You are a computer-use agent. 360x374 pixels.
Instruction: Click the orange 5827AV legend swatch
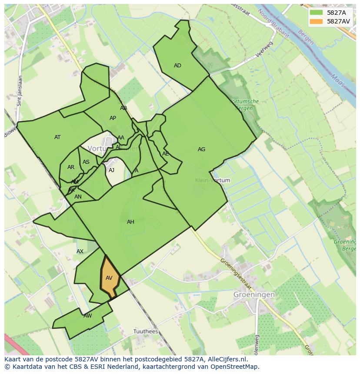click(317, 21)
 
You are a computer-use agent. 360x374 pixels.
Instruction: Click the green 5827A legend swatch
click(317, 13)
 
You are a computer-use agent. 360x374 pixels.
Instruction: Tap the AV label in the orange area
click(109, 278)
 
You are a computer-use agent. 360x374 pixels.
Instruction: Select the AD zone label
click(177, 66)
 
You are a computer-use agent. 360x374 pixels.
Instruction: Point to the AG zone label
click(201, 149)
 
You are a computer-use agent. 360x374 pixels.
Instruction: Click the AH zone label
click(130, 222)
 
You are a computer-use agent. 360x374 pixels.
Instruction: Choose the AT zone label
click(57, 137)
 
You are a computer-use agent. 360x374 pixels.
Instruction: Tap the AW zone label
click(88, 316)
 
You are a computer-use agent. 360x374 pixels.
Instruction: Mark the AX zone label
click(80, 252)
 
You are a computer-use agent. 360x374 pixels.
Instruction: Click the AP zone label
click(113, 118)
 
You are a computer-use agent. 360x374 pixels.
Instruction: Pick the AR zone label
click(71, 167)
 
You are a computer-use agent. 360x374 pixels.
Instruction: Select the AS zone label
click(86, 162)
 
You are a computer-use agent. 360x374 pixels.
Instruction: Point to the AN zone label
click(78, 197)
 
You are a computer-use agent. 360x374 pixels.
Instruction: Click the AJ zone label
click(111, 170)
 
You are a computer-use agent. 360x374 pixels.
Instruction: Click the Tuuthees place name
click(146, 331)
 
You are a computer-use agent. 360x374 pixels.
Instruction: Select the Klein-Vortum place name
click(213, 180)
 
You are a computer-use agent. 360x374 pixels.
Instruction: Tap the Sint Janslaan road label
click(19, 91)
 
